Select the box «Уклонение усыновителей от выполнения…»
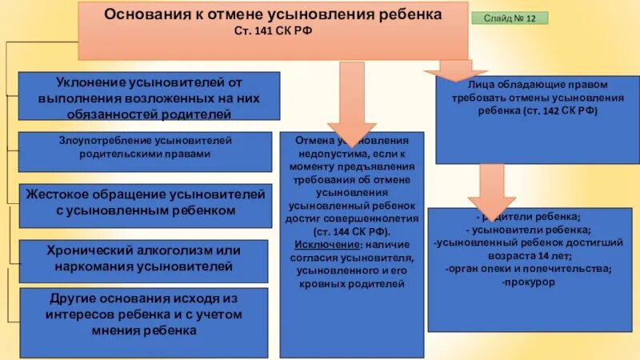pyautogui.click(x=149, y=97)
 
